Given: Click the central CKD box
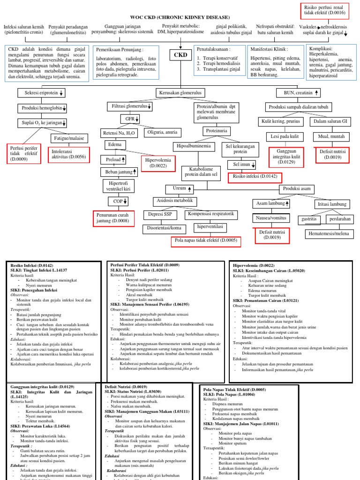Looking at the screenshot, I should click(x=180, y=55).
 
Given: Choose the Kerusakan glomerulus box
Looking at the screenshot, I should click(x=180, y=93).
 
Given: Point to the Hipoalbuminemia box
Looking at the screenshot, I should click(x=192, y=146).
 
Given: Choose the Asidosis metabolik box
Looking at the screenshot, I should click(x=173, y=201).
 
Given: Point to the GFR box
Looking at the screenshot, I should click(x=129, y=119).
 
